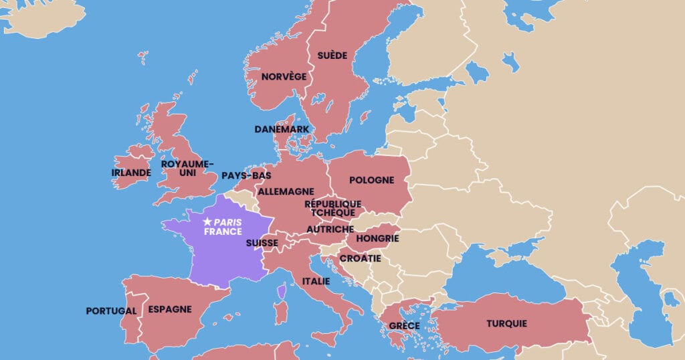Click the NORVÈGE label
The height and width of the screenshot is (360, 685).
click(x=284, y=76)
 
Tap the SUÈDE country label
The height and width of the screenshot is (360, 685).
click(x=332, y=55)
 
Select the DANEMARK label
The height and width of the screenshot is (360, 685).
click(x=282, y=129)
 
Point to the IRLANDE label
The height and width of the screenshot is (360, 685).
click(x=131, y=173)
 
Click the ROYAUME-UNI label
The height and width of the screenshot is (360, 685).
click(x=187, y=168)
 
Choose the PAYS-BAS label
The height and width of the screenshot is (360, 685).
click(x=246, y=175)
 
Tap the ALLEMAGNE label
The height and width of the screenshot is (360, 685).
click(x=286, y=191)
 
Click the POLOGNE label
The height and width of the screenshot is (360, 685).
click(x=371, y=180)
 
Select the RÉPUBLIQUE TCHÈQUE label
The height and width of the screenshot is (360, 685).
click(x=332, y=208)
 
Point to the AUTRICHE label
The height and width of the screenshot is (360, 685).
click(x=330, y=229)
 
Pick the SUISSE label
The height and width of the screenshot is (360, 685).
click(x=262, y=243)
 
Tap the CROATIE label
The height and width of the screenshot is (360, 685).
click(x=361, y=258)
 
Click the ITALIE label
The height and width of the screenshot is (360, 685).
click(x=316, y=281)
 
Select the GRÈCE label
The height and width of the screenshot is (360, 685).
click(x=404, y=326)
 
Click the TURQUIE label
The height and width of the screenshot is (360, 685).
click(x=506, y=324)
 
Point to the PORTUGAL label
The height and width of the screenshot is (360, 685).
click(x=111, y=311)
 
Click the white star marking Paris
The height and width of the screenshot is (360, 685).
click(x=207, y=221)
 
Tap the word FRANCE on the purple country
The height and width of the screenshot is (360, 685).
click(x=223, y=232)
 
